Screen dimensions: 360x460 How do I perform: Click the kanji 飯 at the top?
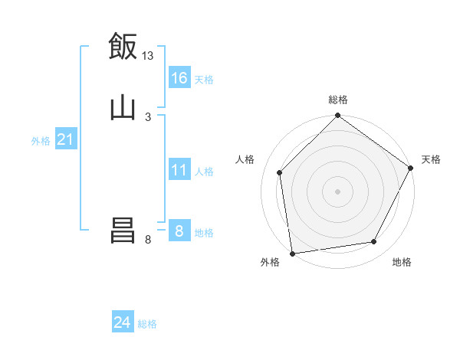point(123,47)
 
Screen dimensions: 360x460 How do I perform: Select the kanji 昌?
point(123,231)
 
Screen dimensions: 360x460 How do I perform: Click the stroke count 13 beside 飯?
point(148,56)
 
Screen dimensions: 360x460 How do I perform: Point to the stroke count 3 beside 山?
point(148,116)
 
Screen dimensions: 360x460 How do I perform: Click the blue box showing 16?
point(179,78)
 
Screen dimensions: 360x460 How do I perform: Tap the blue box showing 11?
point(179,170)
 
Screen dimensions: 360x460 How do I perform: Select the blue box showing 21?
point(66,139)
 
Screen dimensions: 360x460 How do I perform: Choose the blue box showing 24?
point(123,322)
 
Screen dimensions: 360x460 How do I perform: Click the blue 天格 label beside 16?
point(204,80)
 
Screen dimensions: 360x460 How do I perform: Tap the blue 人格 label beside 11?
point(205,172)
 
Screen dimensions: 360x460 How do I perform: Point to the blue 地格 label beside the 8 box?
point(204,233)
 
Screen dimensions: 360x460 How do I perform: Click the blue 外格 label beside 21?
point(41,141)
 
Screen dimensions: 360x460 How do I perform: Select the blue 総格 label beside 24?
point(147,324)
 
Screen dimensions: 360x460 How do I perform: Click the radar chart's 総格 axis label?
point(338,100)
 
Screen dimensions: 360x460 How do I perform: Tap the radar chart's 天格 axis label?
point(431,159)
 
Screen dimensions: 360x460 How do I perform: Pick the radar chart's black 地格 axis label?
point(402,262)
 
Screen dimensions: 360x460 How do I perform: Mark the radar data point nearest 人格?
point(280,172)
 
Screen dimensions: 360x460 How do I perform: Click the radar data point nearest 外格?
point(292,252)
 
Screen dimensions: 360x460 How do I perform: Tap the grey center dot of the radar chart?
point(338,191)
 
